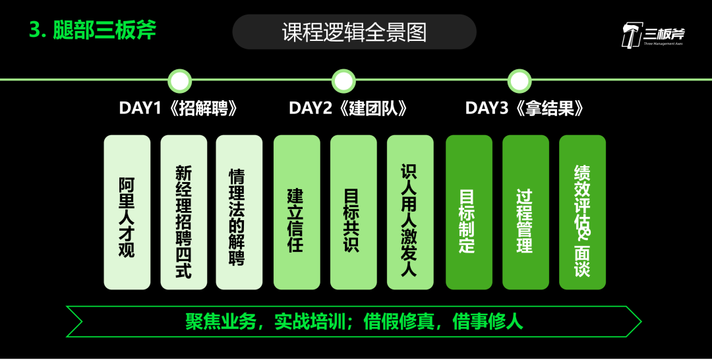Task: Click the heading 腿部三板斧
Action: click(93, 30)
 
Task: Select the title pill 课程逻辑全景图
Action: click(354, 32)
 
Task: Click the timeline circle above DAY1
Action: click(179, 81)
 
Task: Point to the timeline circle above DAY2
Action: click(343, 81)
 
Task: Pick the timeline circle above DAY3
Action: click(519, 81)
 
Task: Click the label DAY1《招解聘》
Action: click(178, 109)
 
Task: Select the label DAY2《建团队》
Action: click(348, 109)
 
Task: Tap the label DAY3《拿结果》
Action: click(525, 109)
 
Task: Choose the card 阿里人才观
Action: click(127, 212)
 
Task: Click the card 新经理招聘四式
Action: click(183, 212)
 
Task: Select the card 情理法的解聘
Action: click(239, 212)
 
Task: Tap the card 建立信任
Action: click(297, 212)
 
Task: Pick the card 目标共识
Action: click(353, 212)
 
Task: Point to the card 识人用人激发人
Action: click(410, 212)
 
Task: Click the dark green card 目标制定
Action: click(469, 212)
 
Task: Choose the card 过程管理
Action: click(525, 212)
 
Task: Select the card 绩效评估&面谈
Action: click(582, 212)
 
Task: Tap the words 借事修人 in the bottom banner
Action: click(488, 321)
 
